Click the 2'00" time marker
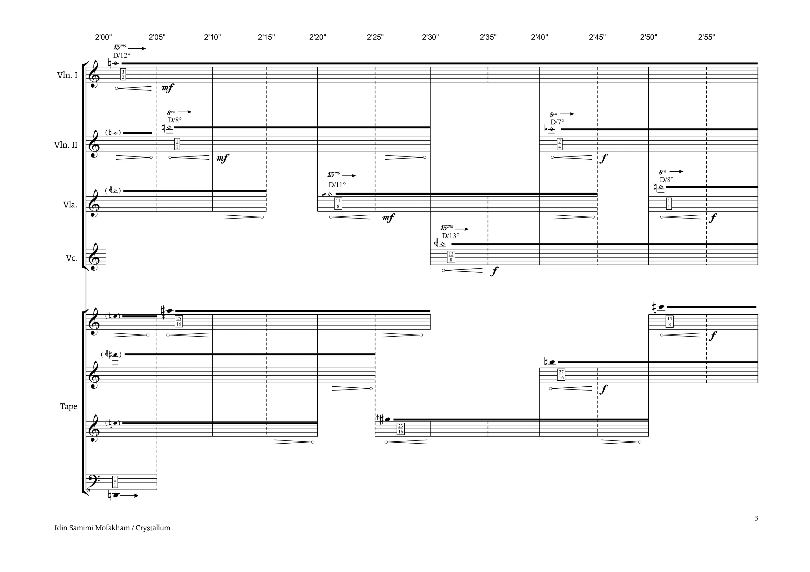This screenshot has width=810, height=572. (x=103, y=37)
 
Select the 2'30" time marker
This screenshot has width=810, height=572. (x=430, y=37)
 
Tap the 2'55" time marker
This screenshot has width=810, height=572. (x=707, y=37)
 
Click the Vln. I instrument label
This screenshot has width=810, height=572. (x=67, y=75)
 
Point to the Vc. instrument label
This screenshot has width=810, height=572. (x=71, y=258)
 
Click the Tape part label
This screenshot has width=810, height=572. (x=68, y=407)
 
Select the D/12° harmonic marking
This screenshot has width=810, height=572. (x=122, y=55)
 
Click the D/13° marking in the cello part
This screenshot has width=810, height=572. (x=451, y=236)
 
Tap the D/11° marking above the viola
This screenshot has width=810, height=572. (x=337, y=185)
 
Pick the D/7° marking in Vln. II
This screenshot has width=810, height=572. (x=558, y=122)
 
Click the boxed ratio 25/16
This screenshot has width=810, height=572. (x=179, y=321)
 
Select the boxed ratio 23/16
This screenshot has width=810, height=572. (x=401, y=429)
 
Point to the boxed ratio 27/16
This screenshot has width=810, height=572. (x=561, y=374)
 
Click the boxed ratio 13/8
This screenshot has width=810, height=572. (x=451, y=257)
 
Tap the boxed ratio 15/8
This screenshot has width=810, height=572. (x=670, y=322)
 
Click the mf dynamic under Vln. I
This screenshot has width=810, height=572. (x=168, y=88)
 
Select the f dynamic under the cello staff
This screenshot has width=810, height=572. (x=495, y=271)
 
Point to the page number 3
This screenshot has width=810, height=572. (x=756, y=518)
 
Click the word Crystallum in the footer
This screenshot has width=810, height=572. (x=153, y=528)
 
